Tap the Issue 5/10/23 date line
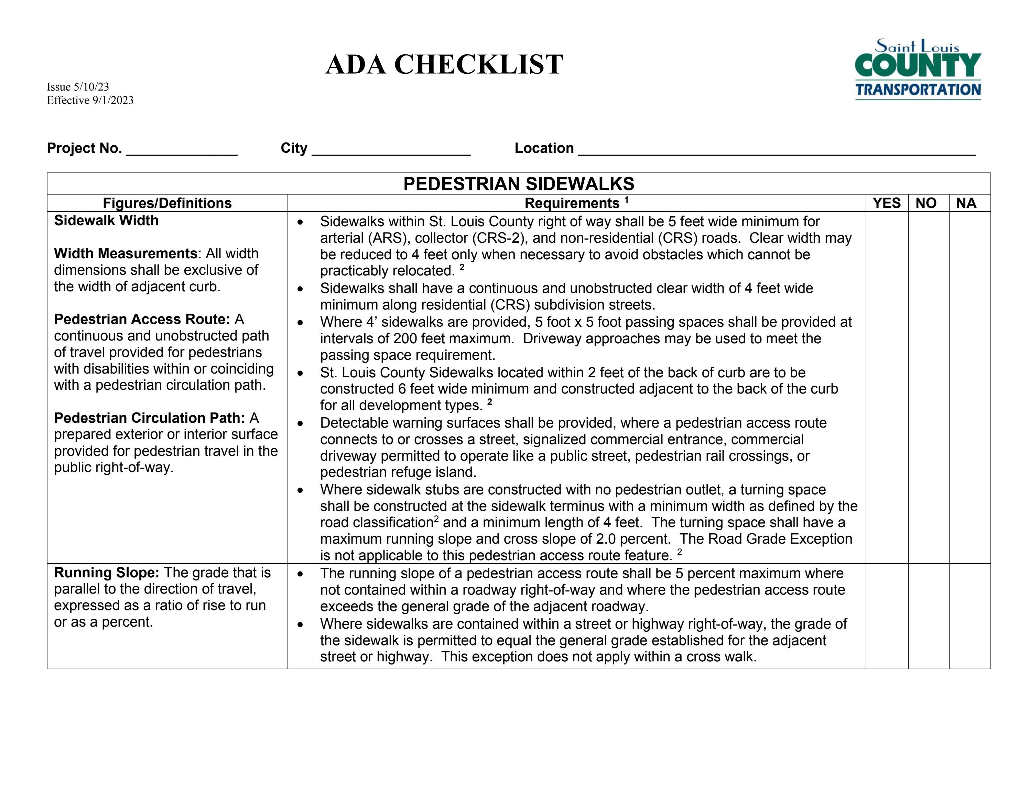pos(78,87)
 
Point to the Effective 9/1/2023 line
pos(90,100)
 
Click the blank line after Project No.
pos(182,150)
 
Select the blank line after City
pos(391,150)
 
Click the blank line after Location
pos(777,150)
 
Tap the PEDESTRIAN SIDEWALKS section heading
pos(518,184)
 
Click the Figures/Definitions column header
pos(167,203)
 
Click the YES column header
pos(886,203)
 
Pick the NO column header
pos(925,203)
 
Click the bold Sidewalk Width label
pos(106,220)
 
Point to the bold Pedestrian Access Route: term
pos(142,319)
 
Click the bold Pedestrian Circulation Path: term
pos(149,418)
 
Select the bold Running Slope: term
pos(107,573)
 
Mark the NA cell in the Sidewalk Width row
pos(969,387)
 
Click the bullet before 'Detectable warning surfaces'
pos(301,423)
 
